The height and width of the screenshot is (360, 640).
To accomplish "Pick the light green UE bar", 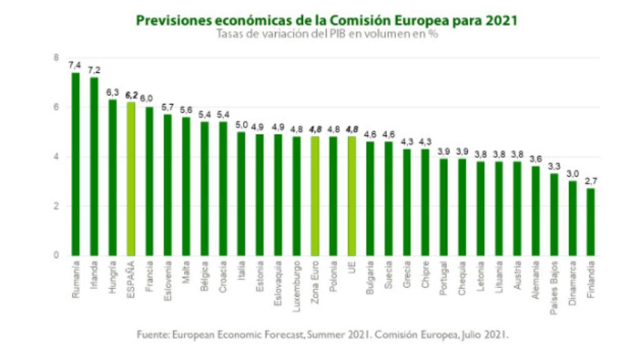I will pos(351,196).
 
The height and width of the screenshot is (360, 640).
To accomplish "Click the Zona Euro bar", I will pos(314,196).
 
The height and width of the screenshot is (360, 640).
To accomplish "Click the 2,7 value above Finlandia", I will pos(591,181).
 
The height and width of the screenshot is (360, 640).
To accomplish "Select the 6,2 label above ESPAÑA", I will pos(131,95).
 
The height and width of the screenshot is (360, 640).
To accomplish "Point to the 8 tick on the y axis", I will pos(56,58).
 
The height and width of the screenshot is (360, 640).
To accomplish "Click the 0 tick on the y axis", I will pos(56,256).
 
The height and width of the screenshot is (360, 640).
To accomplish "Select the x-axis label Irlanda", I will pos(94,276).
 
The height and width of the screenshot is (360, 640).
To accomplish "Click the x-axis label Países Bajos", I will pos(554,282).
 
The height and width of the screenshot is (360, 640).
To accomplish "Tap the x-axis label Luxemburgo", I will pos(296,282).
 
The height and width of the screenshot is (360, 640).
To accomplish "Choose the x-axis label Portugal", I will pos(444,277).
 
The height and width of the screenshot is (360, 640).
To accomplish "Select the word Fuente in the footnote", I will pos(152,334).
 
